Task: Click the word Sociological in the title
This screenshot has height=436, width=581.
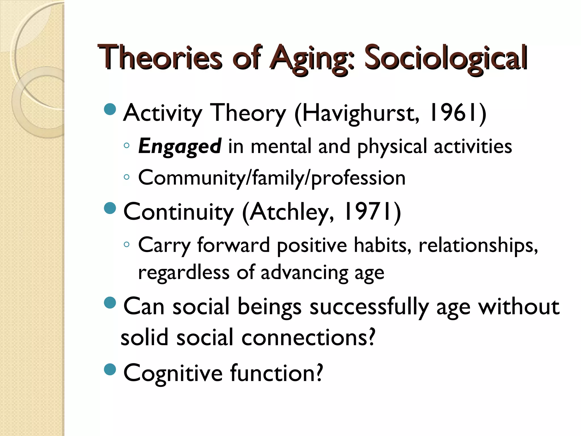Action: point(445,58)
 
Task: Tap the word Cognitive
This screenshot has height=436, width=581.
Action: point(173,374)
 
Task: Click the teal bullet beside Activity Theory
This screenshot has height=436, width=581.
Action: point(110,109)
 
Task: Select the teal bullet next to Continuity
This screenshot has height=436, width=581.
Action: point(110,208)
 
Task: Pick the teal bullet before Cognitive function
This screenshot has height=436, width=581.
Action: point(110,369)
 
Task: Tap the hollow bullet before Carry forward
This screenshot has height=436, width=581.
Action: point(127,244)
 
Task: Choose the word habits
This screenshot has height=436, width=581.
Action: point(382,245)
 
